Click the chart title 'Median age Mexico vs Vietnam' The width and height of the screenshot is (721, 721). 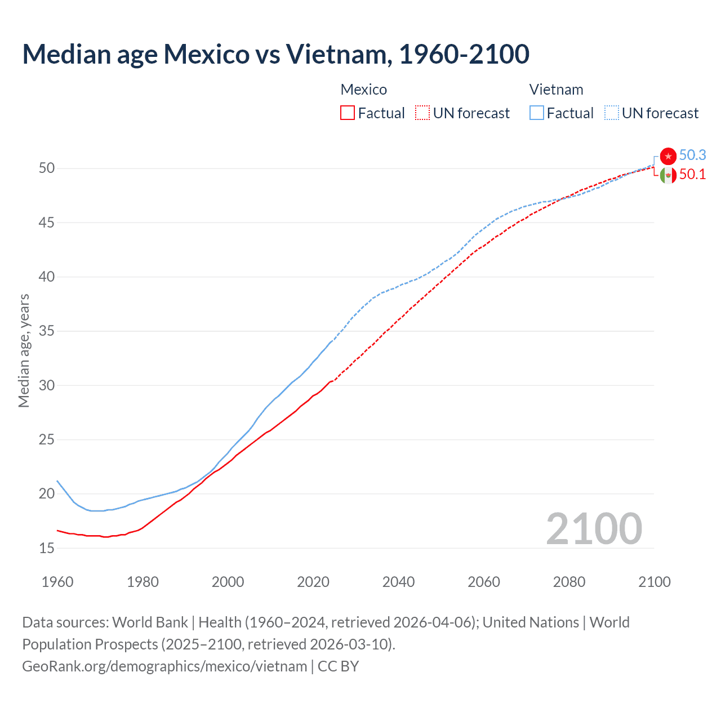275,54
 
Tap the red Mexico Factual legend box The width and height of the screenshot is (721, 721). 348,113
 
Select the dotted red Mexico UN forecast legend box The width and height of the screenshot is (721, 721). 422,113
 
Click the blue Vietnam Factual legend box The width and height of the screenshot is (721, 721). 536,113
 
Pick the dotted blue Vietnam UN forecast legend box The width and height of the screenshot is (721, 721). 611,113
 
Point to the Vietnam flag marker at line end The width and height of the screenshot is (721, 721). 668,156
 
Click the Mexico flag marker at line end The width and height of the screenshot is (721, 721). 668,175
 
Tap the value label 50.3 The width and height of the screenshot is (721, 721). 692,155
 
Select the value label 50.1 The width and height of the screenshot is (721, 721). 692,175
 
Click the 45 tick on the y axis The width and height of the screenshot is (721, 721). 47,223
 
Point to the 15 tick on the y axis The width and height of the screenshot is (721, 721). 47,548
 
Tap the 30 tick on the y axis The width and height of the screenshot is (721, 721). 47,386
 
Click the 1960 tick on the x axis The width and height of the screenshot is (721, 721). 57,582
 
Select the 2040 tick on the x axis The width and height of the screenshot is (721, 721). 398,582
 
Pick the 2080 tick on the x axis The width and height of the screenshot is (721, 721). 569,582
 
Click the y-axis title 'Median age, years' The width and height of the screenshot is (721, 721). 24,350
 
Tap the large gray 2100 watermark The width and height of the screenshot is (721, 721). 594,529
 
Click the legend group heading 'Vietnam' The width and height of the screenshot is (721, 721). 556,90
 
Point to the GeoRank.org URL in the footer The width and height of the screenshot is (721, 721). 164,666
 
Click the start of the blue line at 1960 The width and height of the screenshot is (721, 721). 57,481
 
